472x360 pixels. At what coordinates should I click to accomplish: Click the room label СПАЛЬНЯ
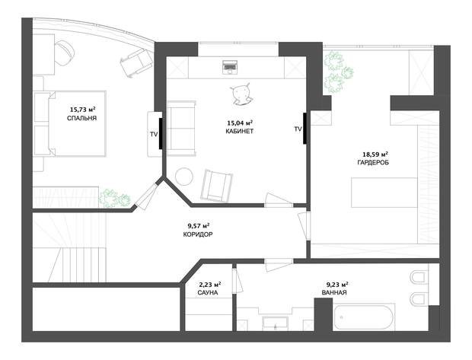81,118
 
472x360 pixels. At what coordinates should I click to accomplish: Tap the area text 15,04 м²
240,123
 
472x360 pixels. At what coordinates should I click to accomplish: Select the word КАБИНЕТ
240,131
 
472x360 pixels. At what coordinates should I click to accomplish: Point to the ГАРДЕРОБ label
373,163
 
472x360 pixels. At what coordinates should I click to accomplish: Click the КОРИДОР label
198,234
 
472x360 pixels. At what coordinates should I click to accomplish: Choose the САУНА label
208,292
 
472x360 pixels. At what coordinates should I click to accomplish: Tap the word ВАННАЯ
334,292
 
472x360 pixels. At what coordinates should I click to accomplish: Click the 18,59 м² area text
375,155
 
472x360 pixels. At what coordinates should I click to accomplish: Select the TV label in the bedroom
154,135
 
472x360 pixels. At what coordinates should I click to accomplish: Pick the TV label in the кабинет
298,129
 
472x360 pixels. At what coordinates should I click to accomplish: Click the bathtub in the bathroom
363,317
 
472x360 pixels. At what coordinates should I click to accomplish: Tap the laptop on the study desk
230,67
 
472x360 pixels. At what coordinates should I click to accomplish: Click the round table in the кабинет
184,177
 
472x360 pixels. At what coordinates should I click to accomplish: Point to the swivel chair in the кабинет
241,94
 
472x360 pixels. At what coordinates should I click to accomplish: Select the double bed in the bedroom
70,123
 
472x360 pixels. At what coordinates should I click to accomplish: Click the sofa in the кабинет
181,129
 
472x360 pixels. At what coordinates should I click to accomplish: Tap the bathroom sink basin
275,323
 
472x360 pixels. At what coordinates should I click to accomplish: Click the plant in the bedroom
115,199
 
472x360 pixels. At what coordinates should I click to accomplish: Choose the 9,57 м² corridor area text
199,226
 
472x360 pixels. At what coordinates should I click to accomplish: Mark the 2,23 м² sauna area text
210,284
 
